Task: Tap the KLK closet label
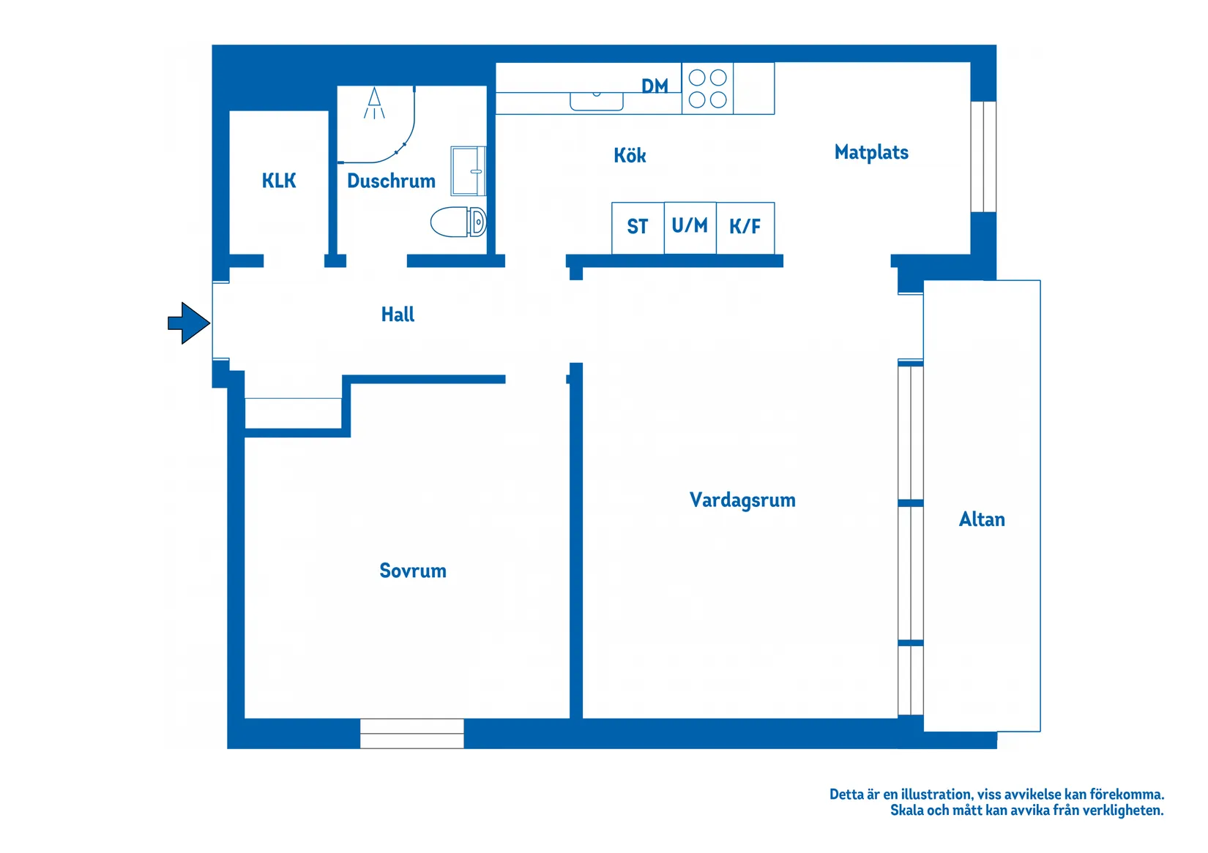click(279, 181)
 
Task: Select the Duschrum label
click(391, 181)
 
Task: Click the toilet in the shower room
click(458, 222)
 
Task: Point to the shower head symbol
click(374, 103)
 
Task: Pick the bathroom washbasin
click(468, 170)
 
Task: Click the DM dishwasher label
click(655, 86)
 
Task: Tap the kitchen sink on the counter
click(597, 101)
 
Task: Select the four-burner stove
click(707, 89)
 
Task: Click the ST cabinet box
click(638, 228)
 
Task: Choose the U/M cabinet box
click(690, 228)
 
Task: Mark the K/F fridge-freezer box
click(745, 228)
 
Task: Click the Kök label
click(630, 155)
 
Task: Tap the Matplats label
click(871, 152)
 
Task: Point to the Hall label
click(398, 314)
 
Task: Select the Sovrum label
click(413, 571)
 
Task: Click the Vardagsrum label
click(742, 500)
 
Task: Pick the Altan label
click(982, 519)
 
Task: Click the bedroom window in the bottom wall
click(412, 733)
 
